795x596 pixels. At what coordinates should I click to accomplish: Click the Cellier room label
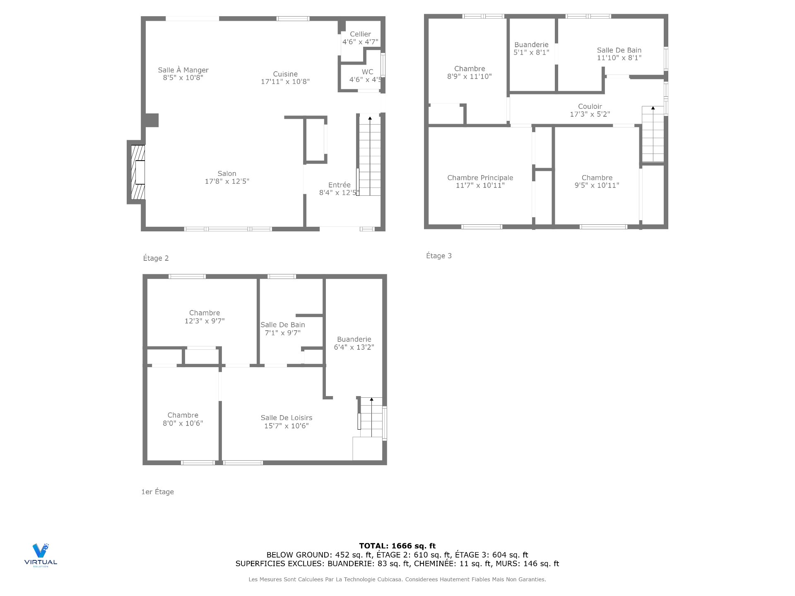360,34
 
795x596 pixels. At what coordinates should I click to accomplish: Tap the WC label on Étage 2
367,72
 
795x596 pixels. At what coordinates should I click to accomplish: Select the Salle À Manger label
183,70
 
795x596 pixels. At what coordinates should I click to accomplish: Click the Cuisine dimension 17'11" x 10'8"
285,82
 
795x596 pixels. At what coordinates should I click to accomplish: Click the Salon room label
227,174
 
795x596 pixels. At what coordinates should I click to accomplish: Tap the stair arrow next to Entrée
370,119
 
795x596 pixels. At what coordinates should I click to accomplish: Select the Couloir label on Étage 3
590,107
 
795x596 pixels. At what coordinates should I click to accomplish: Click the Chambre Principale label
480,178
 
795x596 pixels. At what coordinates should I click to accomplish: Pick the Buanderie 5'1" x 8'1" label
531,48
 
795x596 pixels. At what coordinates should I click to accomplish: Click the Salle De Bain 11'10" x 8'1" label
619,54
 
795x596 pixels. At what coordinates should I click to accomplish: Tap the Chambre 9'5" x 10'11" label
597,181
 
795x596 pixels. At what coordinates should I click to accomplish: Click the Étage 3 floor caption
438,256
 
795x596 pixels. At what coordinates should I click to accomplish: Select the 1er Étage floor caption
157,492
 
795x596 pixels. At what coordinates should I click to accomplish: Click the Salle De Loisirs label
286,418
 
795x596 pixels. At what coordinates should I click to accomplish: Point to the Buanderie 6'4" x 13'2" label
354,343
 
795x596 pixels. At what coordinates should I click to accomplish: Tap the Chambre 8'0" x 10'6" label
183,419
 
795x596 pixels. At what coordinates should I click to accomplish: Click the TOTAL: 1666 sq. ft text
397,546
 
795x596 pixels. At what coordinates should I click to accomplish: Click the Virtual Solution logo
41,555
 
